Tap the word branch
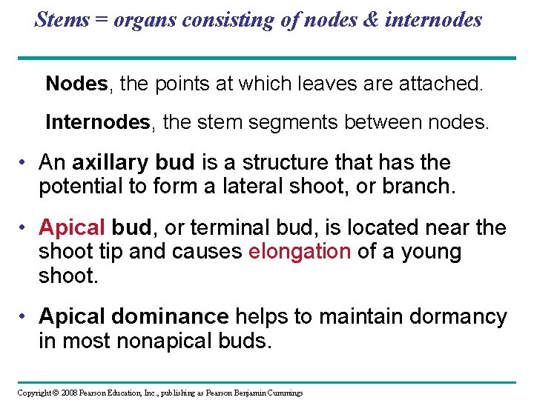pos(416,187)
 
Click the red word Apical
pos(73,228)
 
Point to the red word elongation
pos(300,252)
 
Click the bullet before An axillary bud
pos(24,162)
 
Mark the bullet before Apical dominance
pos(24,317)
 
